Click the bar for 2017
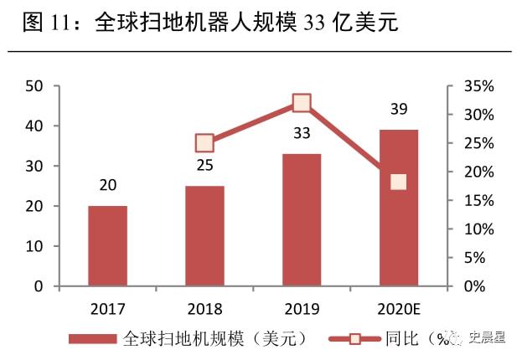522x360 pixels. click(x=107, y=246)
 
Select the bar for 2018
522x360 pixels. click(x=204, y=236)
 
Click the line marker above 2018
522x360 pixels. click(x=204, y=143)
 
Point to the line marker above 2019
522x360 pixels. click(x=302, y=103)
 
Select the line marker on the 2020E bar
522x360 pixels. click(x=398, y=182)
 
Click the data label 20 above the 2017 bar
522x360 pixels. click(x=107, y=185)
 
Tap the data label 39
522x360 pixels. click(x=399, y=109)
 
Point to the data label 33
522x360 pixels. click(x=302, y=133)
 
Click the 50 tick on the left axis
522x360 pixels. click(x=34, y=85)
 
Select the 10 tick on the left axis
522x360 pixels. click(x=34, y=246)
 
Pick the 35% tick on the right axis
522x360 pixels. click(x=480, y=85)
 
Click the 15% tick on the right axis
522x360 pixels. click(x=480, y=200)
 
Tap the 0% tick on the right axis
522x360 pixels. click(x=476, y=286)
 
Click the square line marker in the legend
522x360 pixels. click(x=354, y=339)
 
